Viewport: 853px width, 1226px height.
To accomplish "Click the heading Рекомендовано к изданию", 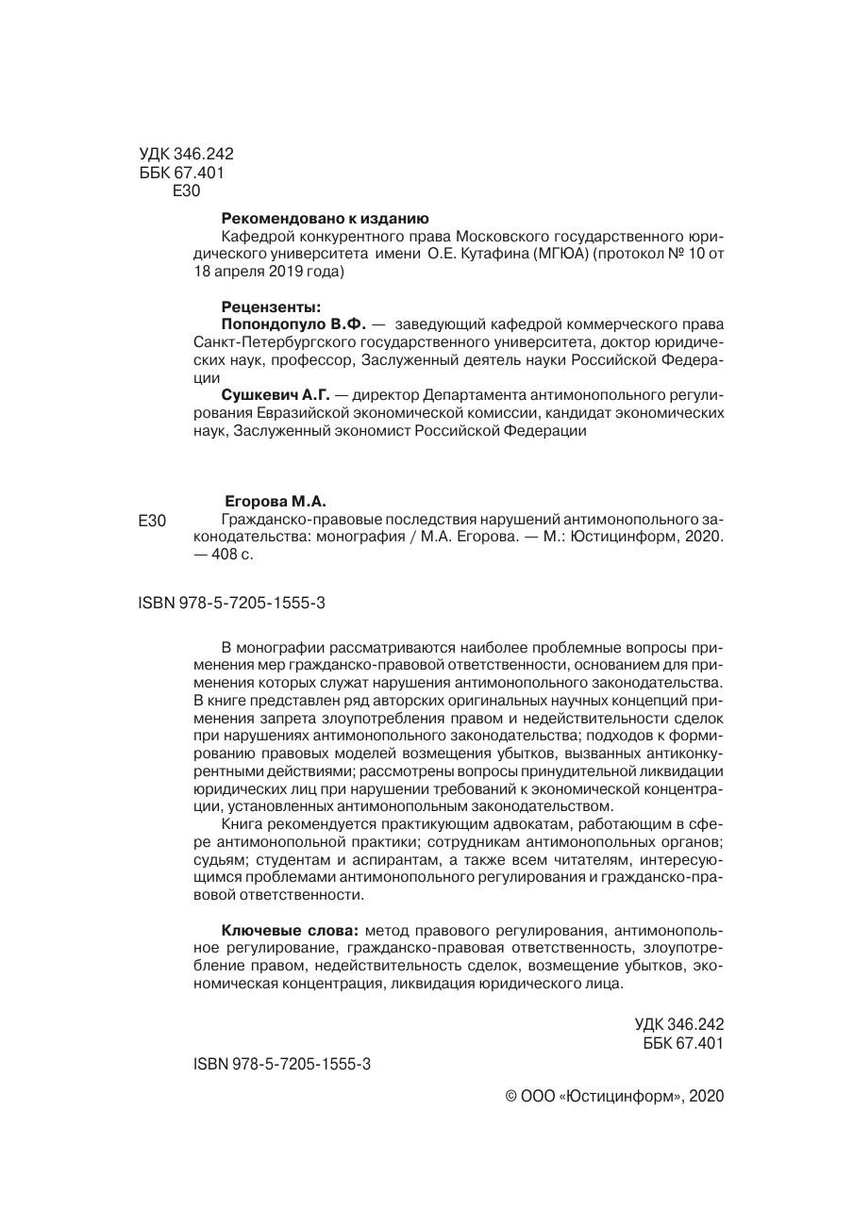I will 325,218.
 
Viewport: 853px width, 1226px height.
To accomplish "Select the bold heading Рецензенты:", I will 271,306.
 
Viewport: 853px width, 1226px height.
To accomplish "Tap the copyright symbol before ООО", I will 512,1097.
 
